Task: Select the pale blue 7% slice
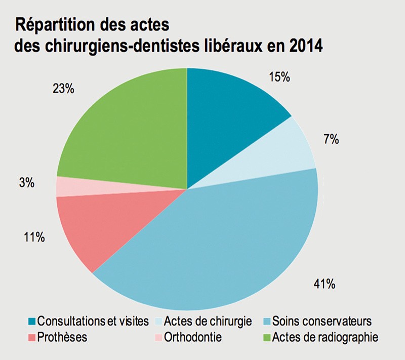tap(289, 149)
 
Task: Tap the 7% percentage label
tap(332, 140)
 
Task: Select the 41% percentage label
tap(324, 284)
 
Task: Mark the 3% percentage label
tap(26, 183)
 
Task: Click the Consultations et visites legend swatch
tap(31, 322)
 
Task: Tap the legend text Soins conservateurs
tap(322, 322)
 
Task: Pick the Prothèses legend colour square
tap(31, 337)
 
